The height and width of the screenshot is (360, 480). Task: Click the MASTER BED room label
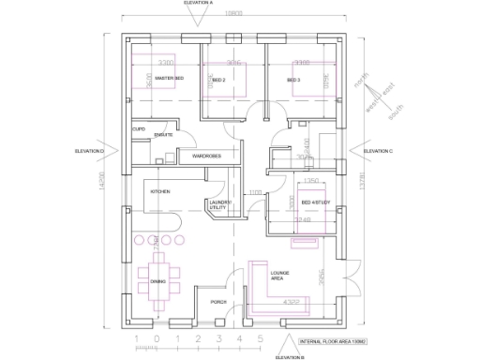point(169,80)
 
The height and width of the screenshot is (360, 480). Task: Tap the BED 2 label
point(218,81)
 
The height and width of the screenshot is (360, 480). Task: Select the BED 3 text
point(293,81)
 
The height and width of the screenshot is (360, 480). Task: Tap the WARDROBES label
point(206,156)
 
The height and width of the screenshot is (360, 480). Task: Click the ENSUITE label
point(164,136)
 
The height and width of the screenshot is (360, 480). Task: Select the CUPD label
point(138,128)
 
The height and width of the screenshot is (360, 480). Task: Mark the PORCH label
point(218,302)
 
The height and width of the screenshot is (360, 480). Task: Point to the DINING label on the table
point(157,280)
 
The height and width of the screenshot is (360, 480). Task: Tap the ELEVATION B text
point(290,356)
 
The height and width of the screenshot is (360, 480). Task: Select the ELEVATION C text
point(378,150)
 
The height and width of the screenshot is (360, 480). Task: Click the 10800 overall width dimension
point(233,14)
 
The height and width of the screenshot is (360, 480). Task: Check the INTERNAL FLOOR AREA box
point(332,343)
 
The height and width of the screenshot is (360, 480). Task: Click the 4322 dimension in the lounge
point(292,302)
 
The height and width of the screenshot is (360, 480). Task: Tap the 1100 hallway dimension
point(255,193)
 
